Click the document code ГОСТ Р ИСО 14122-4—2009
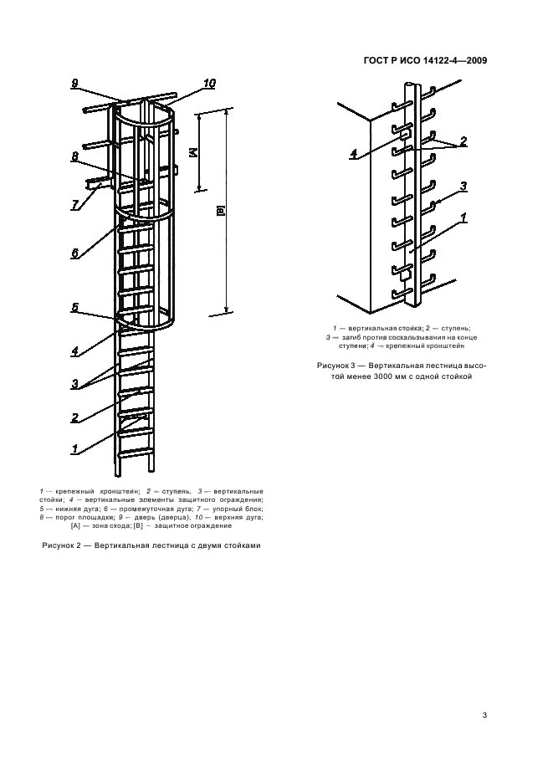click(425, 59)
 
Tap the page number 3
click(485, 714)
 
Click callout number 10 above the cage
click(208, 83)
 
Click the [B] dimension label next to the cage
click(220, 212)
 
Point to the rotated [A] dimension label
click(192, 153)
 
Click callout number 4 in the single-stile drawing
click(354, 154)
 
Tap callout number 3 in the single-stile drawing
click(462, 186)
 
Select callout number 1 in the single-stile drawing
click(462, 217)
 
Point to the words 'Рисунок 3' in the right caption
click(341, 366)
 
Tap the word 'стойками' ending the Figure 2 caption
click(240, 545)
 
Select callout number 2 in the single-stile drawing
click(462, 141)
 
